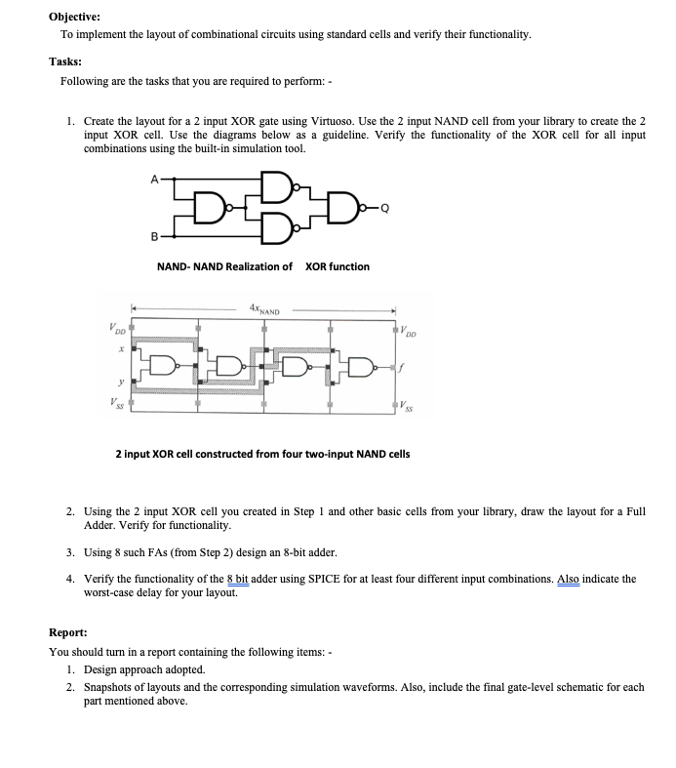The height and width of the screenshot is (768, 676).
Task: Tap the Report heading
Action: pos(69,631)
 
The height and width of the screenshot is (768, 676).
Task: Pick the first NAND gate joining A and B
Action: pos(209,207)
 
